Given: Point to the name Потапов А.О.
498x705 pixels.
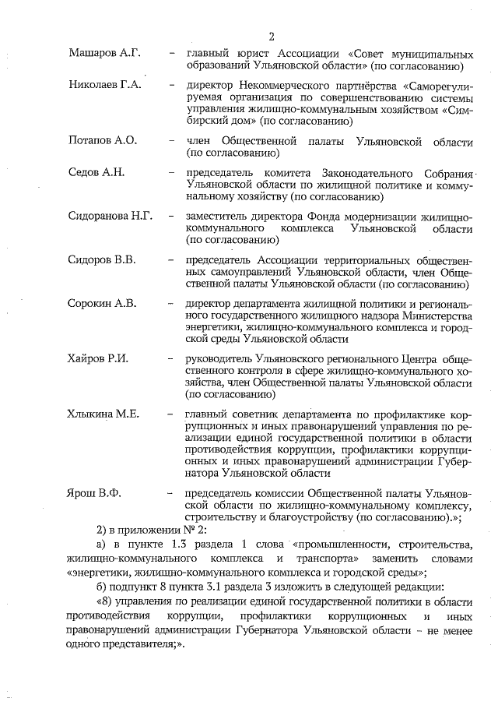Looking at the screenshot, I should click(x=102, y=140).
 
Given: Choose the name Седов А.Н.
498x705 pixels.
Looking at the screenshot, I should click(x=96, y=171).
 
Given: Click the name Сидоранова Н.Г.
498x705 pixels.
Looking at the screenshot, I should click(x=110, y=216).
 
